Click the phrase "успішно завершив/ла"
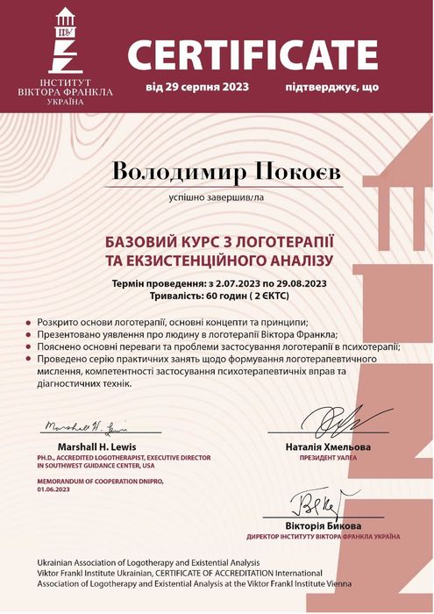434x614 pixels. click(216, 197)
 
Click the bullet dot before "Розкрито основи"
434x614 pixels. click(31, 324)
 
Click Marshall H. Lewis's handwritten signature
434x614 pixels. click(84, 427)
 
